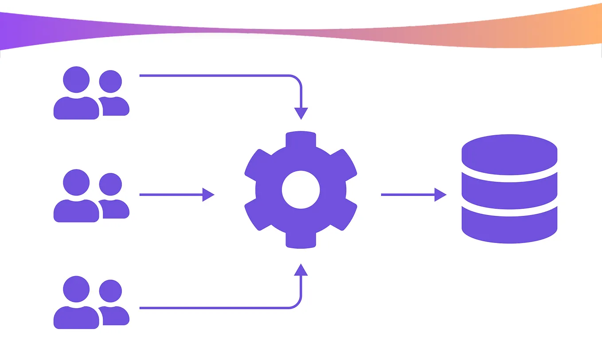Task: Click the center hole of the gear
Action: point(301,190)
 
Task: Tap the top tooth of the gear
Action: point(301,140)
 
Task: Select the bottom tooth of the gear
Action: point(301,240)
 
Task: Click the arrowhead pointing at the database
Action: point(440,195)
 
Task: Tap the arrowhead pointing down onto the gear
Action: point(301,113)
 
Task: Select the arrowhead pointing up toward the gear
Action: point(301,270)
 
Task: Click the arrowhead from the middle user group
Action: point(208,195)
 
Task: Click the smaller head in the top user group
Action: point(110,82)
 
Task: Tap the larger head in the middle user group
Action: point(76,183)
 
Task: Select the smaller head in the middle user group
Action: point(110,184)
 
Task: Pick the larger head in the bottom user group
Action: point(76,290)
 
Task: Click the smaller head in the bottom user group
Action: point(110,291)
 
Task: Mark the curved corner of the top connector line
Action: point(297,79)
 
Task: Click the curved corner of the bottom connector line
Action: point(297,304)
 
